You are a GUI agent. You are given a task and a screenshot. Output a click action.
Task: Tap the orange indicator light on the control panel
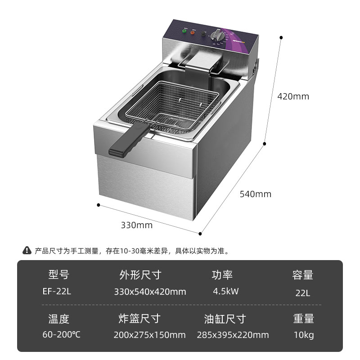click(193, 32)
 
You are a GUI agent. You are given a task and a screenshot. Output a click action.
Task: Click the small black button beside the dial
click(204, 34)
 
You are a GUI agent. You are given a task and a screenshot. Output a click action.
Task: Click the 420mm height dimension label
click(293, 96)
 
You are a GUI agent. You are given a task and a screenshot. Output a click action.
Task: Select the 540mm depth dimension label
click(255, 194)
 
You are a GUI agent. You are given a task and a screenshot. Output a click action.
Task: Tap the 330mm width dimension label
click(136, 225)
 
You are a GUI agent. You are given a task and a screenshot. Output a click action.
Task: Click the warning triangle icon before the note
click(27, 251)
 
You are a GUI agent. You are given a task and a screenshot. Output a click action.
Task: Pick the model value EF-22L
click(57, 291)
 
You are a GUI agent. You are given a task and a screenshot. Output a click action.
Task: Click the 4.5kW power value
click(226, 291)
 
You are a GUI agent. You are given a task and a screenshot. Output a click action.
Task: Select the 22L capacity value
click(303, 292)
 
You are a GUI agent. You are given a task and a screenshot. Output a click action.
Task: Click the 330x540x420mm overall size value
click(150, 292)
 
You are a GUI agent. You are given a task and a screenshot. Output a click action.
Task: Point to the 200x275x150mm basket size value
click(150, 335)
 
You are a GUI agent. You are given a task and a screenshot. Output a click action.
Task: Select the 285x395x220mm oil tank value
click(233, 335)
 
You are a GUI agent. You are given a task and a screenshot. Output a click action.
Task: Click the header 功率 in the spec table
click(222, 274)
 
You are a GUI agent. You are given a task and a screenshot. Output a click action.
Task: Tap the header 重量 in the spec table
click(303, 319)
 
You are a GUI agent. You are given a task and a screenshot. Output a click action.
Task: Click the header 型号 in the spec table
click(58, 274)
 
